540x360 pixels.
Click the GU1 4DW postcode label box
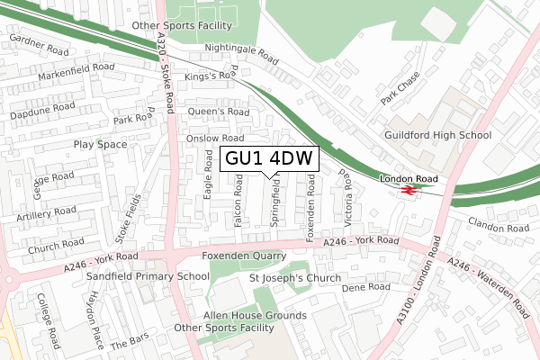pyautogui.click(x=269, y=158)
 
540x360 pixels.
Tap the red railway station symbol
pyautogui.click(x=408, y=191)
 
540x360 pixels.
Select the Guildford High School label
pyautogui.click(x=438, y=135)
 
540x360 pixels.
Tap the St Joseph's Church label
pyautogui.click(x=294, y=278)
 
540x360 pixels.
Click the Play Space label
pyautogui.click(x=100, y=144)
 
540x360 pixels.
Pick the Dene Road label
pyautogui.click(x=366, y=287)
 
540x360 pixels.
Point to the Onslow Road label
pyautogui.click(x=215, y=139)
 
